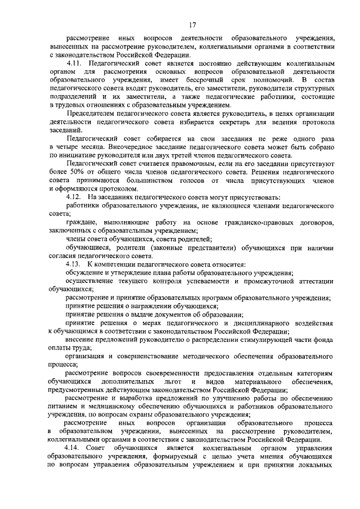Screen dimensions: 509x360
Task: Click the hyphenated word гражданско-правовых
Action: coord(255,223)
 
